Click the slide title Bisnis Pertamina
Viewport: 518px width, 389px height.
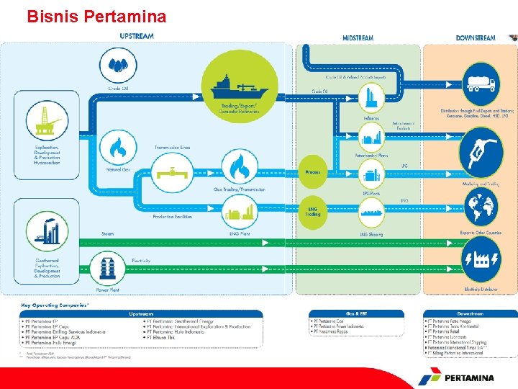96,15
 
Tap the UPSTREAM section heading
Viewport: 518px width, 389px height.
137,37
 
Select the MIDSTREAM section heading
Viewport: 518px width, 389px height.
358,37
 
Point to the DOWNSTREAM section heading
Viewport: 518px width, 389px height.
476,37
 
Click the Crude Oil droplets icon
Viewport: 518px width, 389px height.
118,66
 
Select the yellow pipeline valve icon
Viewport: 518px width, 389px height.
171,172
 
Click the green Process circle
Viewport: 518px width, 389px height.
312,172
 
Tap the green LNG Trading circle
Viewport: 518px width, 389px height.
312,211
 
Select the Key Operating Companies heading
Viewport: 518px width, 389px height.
55,305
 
